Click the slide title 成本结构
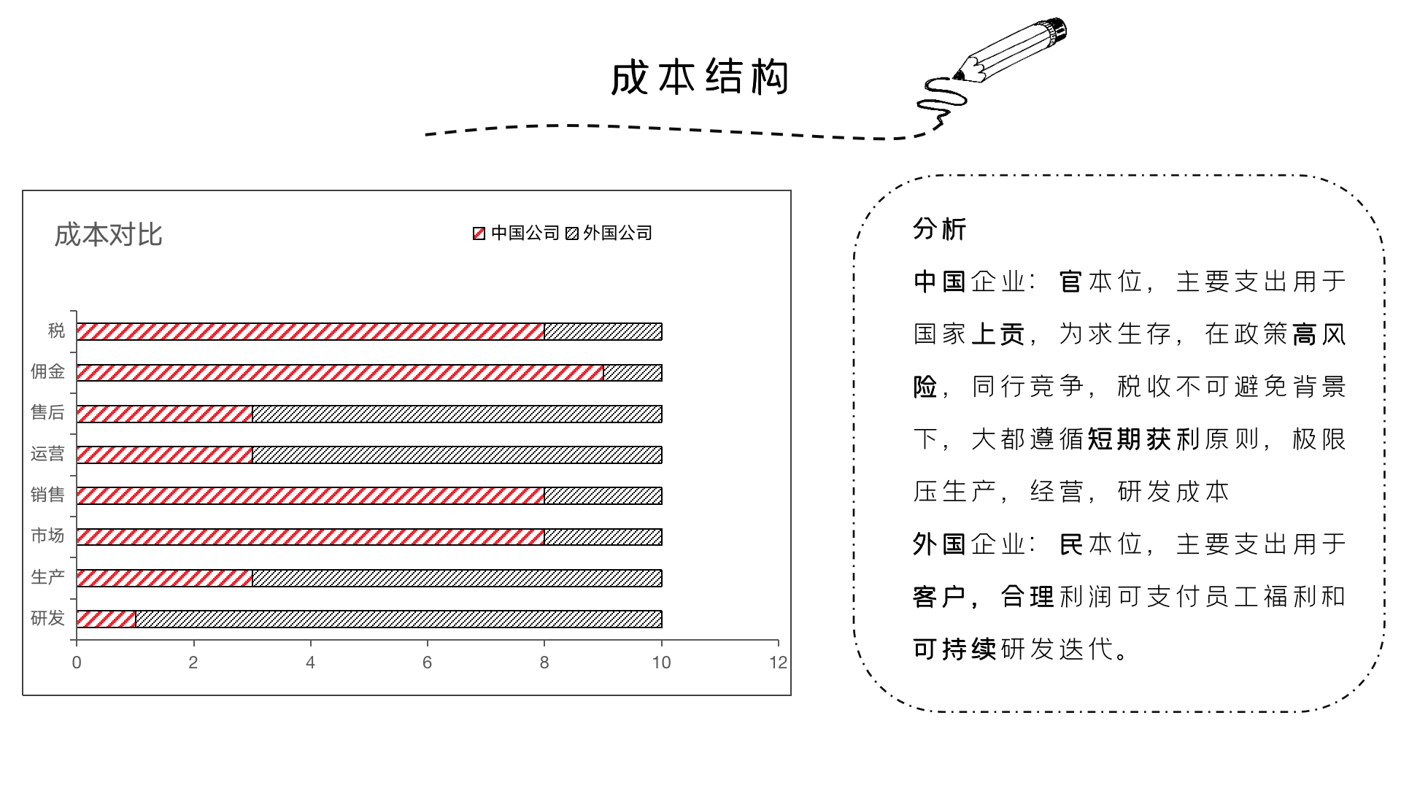[700, 78]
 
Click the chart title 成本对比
[108, 235]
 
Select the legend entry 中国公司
[517, 233]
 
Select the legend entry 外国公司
[609, 233]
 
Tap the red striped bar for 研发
[106, 619]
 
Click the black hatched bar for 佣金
[633, 373]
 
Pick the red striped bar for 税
[310, 331]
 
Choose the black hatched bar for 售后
[457, 414]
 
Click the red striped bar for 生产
[164, 578]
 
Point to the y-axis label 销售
[47, 495]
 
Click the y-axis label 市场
[47, 536]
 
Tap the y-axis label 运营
[47, 454]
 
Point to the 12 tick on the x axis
[779, 663]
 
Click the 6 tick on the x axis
[428, 663]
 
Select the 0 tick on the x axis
[77, 663]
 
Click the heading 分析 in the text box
[940, 229]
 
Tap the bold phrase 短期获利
[1144, 439]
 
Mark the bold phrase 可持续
[954, 649]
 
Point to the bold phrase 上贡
[998, 334]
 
